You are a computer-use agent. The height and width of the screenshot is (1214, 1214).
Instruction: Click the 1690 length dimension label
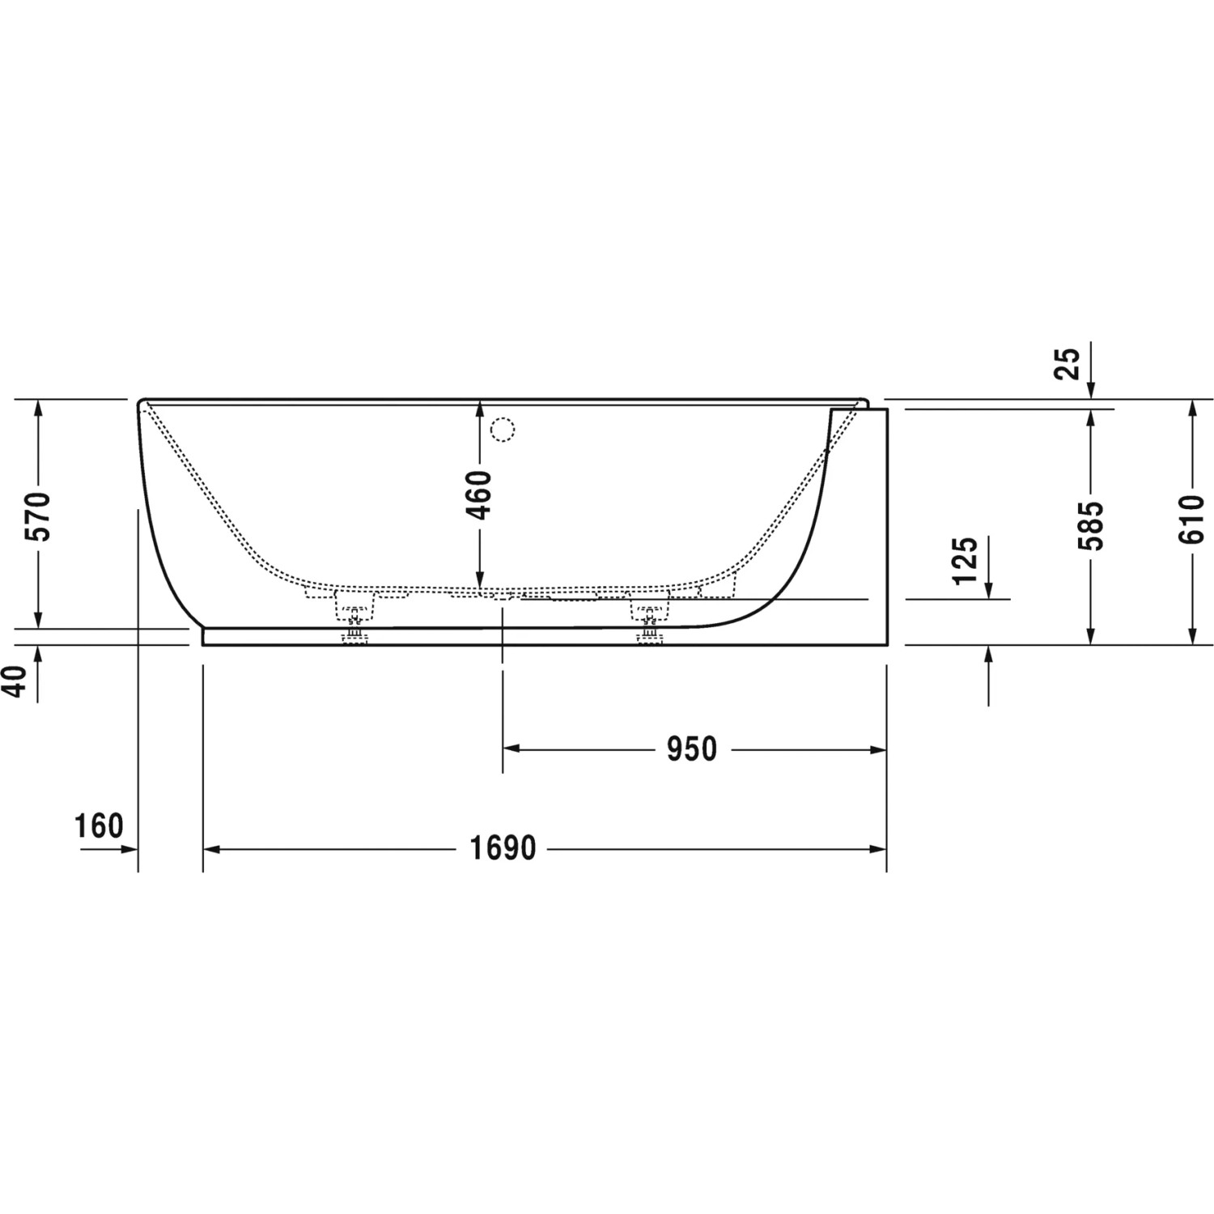pyautogui.click(x=503, y=848)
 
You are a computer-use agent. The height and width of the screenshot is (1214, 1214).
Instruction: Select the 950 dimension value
pyautogui.click(x=692, y=749)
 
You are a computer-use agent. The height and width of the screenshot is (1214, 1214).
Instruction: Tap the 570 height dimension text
pyautogui.click(x=38, y=516)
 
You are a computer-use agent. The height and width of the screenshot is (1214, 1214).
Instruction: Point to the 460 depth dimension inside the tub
pyautogui.click(x=479, y=495)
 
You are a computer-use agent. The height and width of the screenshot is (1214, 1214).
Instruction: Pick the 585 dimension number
pyautogui.click(x=1091, y=525)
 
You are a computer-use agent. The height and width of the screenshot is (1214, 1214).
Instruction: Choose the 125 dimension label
pyautogui.click(x=965, y=560)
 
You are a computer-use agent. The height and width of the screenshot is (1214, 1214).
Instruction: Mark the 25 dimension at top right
pyautogui.click(x=1068, y=363)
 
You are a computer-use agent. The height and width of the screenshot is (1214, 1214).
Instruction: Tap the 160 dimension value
pyautogui.click(x=99, y=826)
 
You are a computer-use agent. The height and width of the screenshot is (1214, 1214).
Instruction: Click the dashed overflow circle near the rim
pyautogui.click(x=503, y=429)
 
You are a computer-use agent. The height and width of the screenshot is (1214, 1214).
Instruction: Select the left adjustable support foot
pyautogui.click(x=354, y=619)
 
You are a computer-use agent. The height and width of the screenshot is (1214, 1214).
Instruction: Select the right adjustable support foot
pyautogui.click(x=649, y=619)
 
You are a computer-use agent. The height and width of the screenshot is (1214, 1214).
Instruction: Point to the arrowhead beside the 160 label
pyautogui.click(x=129, y=849)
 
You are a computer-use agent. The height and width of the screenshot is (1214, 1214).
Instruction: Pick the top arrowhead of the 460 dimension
pyautogui.click(x=479, y=408)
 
